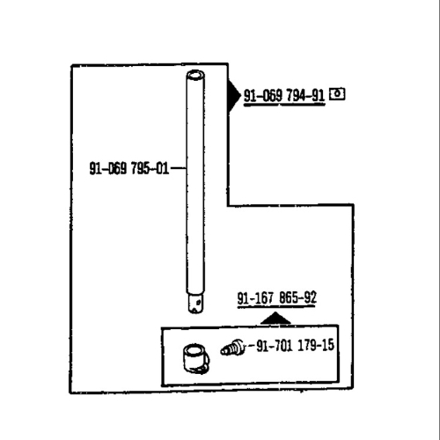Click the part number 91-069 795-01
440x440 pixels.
point(129,168)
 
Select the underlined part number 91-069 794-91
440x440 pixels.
point(284,96)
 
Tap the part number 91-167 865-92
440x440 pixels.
point(276,298)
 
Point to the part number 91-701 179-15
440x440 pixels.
point(295,345)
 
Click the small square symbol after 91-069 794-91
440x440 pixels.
point(337,94)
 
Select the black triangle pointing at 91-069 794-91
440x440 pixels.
point(234,96)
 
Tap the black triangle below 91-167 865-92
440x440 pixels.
point(275,319)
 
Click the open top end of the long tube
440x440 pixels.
point(195,76)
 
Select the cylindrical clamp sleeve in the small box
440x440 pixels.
point(195,359)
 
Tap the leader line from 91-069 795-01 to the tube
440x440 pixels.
point(179,168)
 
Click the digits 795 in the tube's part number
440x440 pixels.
point(140,168)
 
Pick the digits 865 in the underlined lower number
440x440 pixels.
point(289,298)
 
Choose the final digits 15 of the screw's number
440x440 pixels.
point(327,345)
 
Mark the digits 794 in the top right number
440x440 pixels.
point(296,96)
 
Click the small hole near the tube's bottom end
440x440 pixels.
point(199,302)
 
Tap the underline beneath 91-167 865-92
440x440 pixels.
point(276,307)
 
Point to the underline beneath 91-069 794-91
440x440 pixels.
point(284,105)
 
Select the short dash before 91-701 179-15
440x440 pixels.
point(252,345)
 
